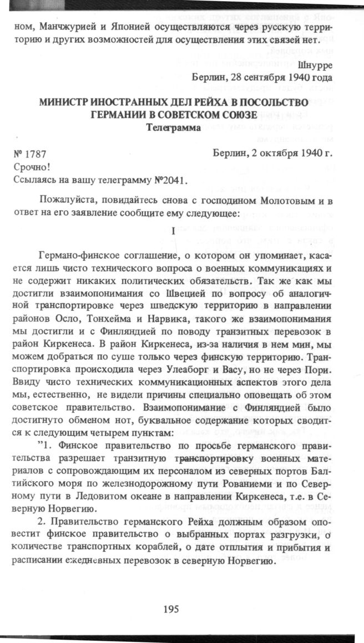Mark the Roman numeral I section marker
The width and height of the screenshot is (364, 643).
point(174,233)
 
